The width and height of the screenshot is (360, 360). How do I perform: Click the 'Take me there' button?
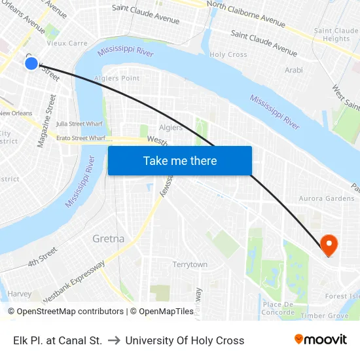click(x=179, y=161)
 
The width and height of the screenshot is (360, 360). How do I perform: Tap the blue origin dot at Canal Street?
click(x=31, y=63)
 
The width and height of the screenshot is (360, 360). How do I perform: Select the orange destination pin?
click(x=329, y=245)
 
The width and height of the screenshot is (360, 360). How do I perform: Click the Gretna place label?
click(x=109, y=239)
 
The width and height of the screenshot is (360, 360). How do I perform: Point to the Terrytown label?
click(x=190, y=264)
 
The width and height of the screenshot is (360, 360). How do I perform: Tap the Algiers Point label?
click(x=117, y=79)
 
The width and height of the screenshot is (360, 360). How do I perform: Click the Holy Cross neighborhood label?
click(x=228, y=55)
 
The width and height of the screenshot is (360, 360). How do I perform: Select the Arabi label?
click(x=294, y=70)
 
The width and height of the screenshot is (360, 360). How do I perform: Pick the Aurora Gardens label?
click(x=327, y=198)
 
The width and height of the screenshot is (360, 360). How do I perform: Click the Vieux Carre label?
click(x=67, y=43)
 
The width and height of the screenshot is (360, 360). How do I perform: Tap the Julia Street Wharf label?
click(x=80, y=123)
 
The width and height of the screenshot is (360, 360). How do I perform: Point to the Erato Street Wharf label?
click(x=81, y=138)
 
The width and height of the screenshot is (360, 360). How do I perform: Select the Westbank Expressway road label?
click(x=74, y=281)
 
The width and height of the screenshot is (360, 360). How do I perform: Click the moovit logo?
click(x=320, y=340)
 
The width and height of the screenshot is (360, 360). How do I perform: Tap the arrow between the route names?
click(x=114, y=340)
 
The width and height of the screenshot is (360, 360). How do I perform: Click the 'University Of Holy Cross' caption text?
click(x=185, y=340)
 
